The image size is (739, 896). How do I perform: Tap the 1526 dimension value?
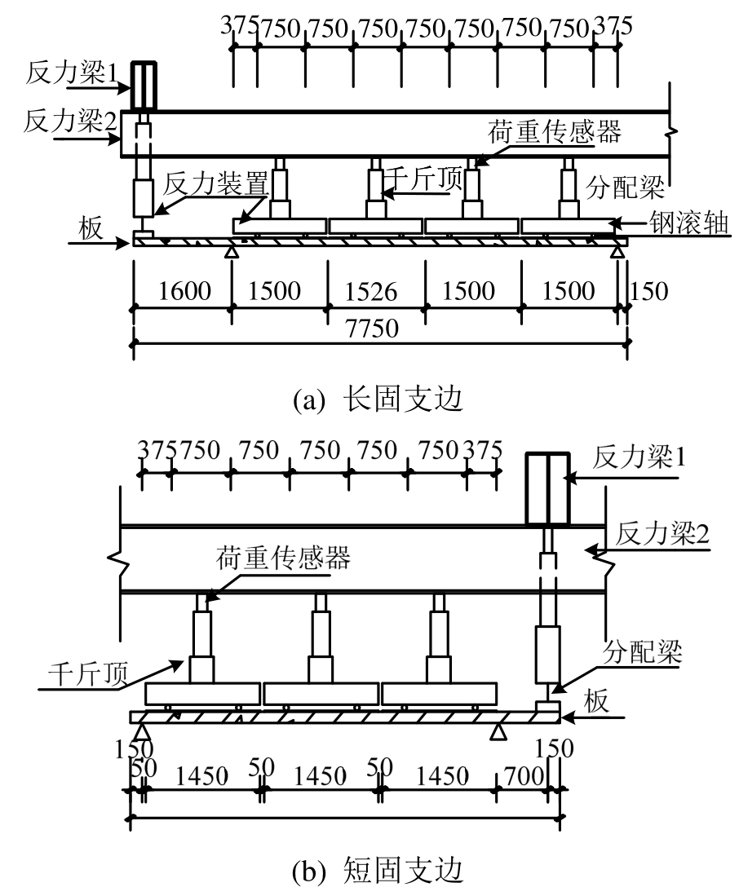click(x=376, y=290)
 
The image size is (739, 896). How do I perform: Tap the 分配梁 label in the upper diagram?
click(x=628, y=186)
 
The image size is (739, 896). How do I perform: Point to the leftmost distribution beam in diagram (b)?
click(x=203, y=694)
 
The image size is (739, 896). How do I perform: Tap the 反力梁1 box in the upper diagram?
click(x=144, y=86)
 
